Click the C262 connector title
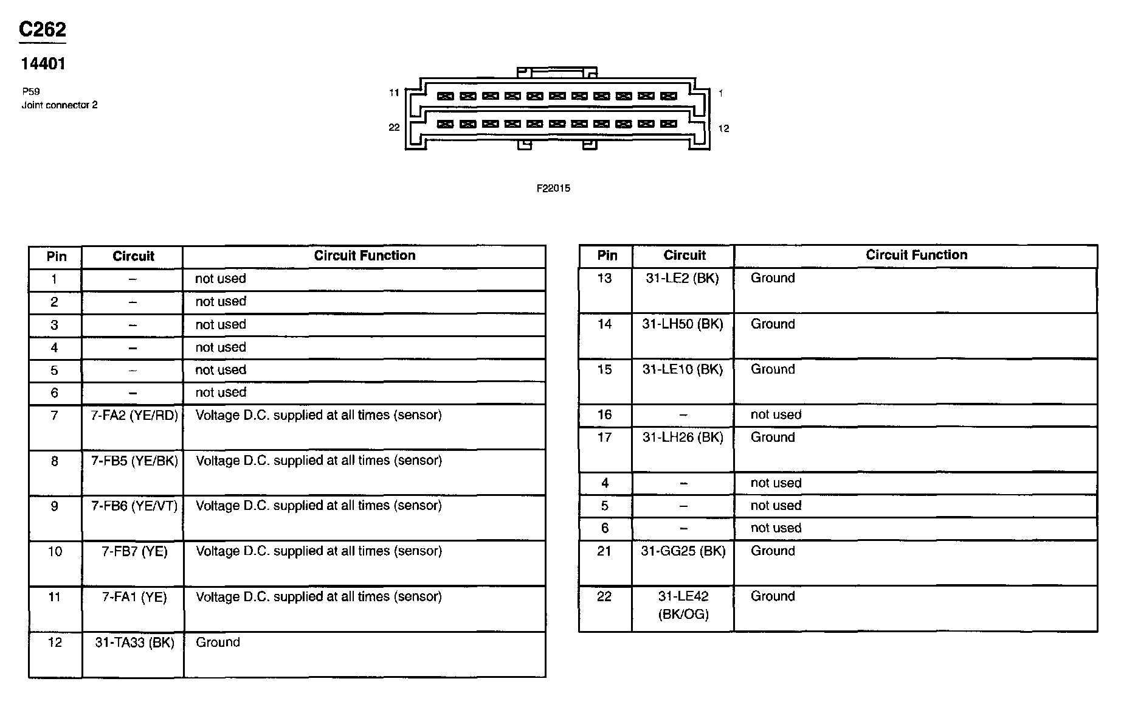tap(42, 29)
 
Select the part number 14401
tap(43, 64)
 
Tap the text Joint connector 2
tap(60, 105)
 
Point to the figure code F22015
tap(553, 189)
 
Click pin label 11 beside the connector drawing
tap(394, 93)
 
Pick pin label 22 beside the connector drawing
tap(394, 127)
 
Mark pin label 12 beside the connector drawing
tap(723, 128)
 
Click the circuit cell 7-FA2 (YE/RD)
tap(134, 416)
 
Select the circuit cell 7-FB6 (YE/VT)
tap(134, 506)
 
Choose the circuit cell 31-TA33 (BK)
tap(134, 643)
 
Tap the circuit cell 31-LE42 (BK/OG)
tap(683, 605)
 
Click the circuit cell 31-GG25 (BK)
tap(683, 551)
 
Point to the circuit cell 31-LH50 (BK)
tap(683, 324)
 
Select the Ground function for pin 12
tap(218, 643)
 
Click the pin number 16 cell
tap(604, 415)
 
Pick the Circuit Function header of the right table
tap(916, 255)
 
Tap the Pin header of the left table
tap(56, 256)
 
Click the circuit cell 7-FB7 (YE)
tap(134, 551)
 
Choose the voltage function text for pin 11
tap(319, 597)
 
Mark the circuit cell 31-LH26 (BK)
tap(683, 438)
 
